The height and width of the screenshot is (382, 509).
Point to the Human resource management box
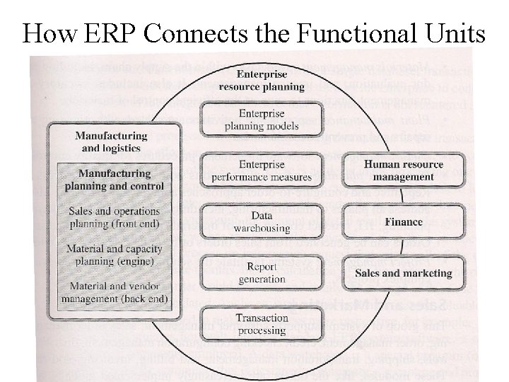click(404, 170)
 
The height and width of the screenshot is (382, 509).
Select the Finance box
click(404, 221)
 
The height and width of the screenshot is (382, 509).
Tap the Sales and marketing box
click(404, 272)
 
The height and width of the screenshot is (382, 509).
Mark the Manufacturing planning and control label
click(115, 180)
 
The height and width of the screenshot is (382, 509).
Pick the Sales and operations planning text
click(115, 217)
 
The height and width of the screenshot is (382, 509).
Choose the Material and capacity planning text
click(115, 255)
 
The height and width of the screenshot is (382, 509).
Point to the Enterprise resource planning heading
click(262, 81)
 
